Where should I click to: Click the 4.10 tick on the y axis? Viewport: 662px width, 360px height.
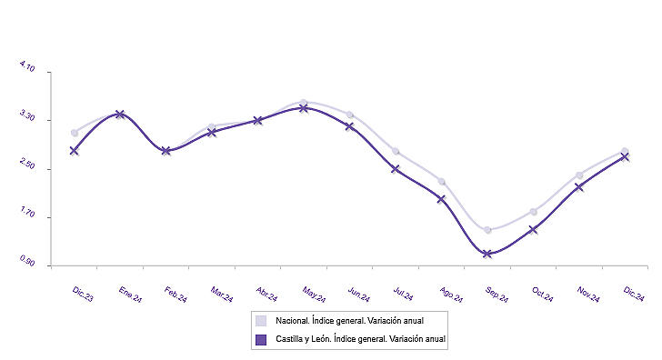pyautogui.click(x=26, y=70)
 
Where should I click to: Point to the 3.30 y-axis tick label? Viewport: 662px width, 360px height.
pyautogui.click(x=26, y=119)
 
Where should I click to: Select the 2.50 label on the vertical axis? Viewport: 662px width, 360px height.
pyautogui.click(x=26, y=168)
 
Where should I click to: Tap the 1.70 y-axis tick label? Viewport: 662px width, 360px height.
pyautogui.click(x=26, y=217)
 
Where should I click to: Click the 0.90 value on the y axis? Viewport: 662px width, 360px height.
pyautogui.click(x=26, y=265)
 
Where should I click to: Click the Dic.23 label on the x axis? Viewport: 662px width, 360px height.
pyautogui.click(x=83, y=292)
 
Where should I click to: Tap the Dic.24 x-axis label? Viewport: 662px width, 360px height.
pyautogui.click(x=635, y=293)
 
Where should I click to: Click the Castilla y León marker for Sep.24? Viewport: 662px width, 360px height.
pyautogui.click(x=487, y=254)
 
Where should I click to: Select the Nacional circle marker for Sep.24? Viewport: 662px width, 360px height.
pyautogui.click(x=487, y=230)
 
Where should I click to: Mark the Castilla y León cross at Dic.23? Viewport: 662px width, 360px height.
pyautogui.click(x=74, y=151)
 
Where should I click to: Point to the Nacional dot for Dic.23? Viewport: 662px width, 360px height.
pyautogui.click(x=74, y=133)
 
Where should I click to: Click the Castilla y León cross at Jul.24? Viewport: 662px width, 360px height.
pyautogui.click(x=396, y=169)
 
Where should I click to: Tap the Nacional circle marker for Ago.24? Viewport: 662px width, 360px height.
pyautogui.click(x=441, y=182)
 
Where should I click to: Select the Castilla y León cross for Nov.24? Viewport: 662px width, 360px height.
pyautogui.click(x=579, y=187)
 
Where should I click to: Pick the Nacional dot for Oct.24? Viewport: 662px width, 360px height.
pyautogui.click(x=534, y=212)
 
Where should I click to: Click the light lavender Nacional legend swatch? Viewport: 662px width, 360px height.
pyautogui.click(x=261, y=321)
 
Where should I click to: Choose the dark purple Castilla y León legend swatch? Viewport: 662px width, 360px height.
pyautogui.click(x=261, y=339)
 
